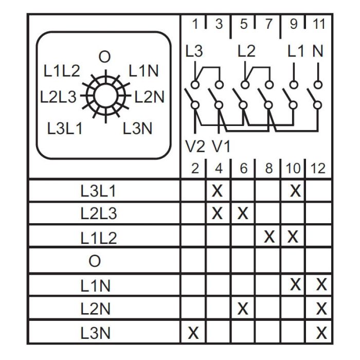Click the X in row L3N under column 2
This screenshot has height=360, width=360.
coord(193,333)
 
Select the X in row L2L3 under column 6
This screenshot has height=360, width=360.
coord(243,213)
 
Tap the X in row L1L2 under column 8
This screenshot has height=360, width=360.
coord(269,237)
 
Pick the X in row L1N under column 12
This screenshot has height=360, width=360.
coord(321,284)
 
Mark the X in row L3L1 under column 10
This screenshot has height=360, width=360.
coord(295,191)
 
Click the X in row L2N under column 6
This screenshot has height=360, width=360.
coord(243,309)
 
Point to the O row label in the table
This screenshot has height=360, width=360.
coord(95,261)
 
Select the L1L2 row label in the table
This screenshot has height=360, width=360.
coord(99,238)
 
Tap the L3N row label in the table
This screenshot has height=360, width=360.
coord(95,333)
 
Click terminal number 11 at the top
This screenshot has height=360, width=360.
coord(319,24)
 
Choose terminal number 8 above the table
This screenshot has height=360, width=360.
coord(269,168)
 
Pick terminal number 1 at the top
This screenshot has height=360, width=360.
coord(195,24)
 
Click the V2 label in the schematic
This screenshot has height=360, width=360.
coord(195,147)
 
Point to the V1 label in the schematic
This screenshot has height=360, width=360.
coord(221,147)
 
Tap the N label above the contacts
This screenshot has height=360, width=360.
coord(318,51)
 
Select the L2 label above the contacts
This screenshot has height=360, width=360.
coord(246,51)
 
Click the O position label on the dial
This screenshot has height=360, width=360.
coord(104,57)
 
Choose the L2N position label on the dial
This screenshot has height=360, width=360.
coord(149,97)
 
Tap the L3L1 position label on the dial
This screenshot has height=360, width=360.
coord(65,129)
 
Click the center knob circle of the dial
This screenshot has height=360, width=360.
coord(105,96)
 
